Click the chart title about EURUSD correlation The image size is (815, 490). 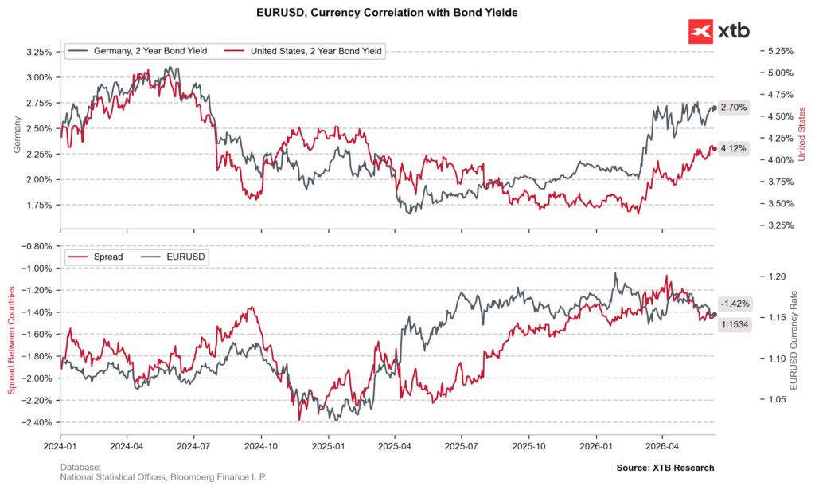[387, 13]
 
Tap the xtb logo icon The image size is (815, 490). [700, 32]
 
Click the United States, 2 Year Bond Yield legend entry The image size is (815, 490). [304, 51]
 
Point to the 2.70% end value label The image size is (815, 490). [733, 108]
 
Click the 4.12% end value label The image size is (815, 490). [733, 149]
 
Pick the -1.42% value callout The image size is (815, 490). [735, 304]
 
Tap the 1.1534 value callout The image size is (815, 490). [735, 325]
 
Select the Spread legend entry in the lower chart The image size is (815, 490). [96, 257]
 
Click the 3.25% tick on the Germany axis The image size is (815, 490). [39, 52]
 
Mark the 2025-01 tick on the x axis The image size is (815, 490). [328, 446]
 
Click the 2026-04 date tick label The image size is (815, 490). [662, 446]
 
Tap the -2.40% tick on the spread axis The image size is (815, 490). [37, 422]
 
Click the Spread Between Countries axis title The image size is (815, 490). [11, 340]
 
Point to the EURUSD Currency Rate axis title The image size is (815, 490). [794, 340]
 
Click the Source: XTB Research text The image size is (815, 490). [665, 468]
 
